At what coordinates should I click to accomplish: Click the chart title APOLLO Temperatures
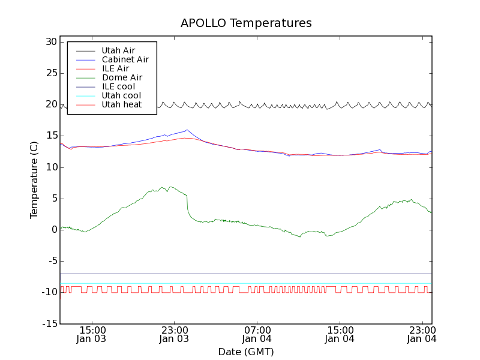(246, 23)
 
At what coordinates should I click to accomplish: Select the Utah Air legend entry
(118, 50)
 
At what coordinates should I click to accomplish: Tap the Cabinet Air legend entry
(125, 59)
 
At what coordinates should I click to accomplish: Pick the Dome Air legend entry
(122, 77)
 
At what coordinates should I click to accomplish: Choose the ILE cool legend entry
(118, 86)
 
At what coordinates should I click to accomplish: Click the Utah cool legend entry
(121, 95)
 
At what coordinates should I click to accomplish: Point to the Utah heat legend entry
(121, 104)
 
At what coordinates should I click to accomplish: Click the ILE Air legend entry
(115, 68)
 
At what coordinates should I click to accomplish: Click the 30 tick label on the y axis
(50, 42)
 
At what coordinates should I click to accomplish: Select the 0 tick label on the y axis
(53, 230)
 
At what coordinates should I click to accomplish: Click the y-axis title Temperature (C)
(34, 180)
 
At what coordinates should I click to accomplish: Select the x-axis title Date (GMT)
(246, 352)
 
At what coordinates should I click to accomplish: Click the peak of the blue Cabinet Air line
(187, 130)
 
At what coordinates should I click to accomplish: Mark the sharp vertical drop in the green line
(187, 204)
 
